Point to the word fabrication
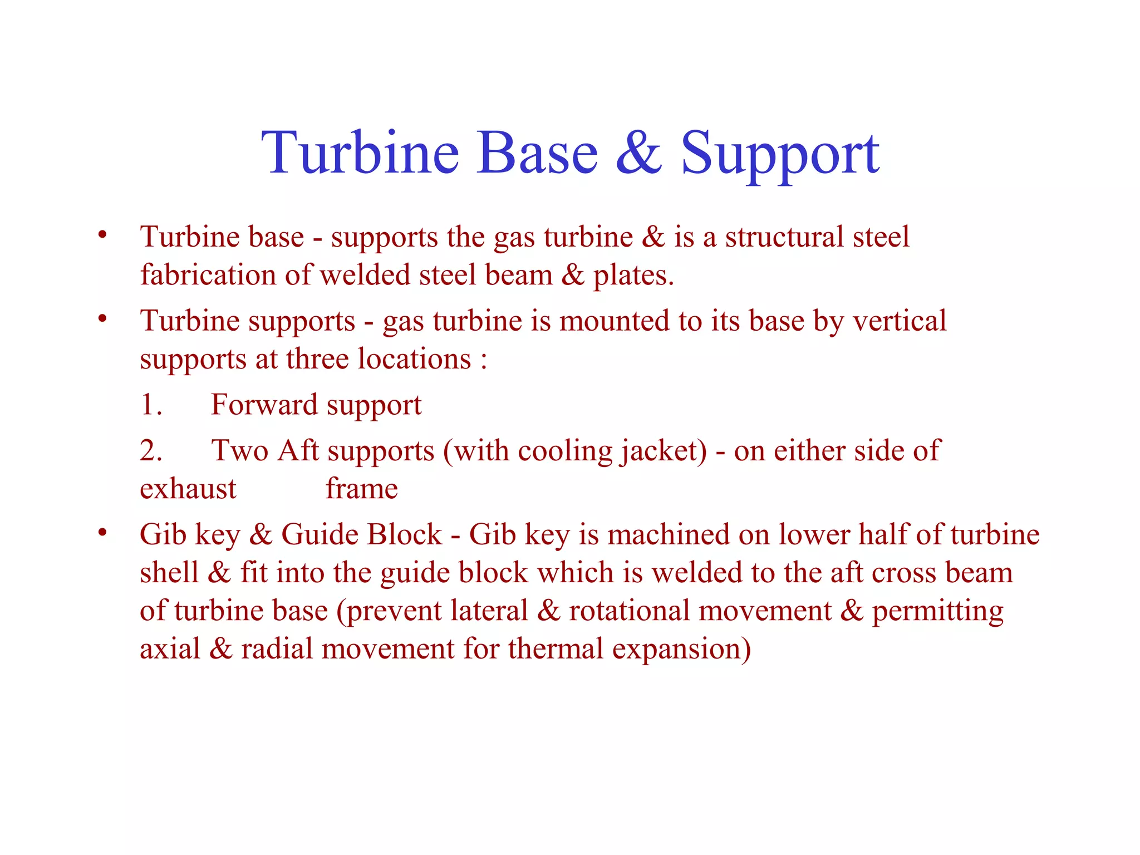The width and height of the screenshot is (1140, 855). point(208,275)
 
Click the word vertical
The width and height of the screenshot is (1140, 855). point(900,321)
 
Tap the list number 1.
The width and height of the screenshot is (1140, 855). point(151,405)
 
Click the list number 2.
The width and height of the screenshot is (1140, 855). point(151,451)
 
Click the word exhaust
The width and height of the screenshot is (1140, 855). point(188,489)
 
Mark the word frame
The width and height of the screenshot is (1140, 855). point(362,489)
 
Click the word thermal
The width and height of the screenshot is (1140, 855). point(556,649)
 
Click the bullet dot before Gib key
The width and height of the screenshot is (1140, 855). point(102,533)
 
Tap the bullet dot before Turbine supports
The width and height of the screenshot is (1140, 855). point(102,320)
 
